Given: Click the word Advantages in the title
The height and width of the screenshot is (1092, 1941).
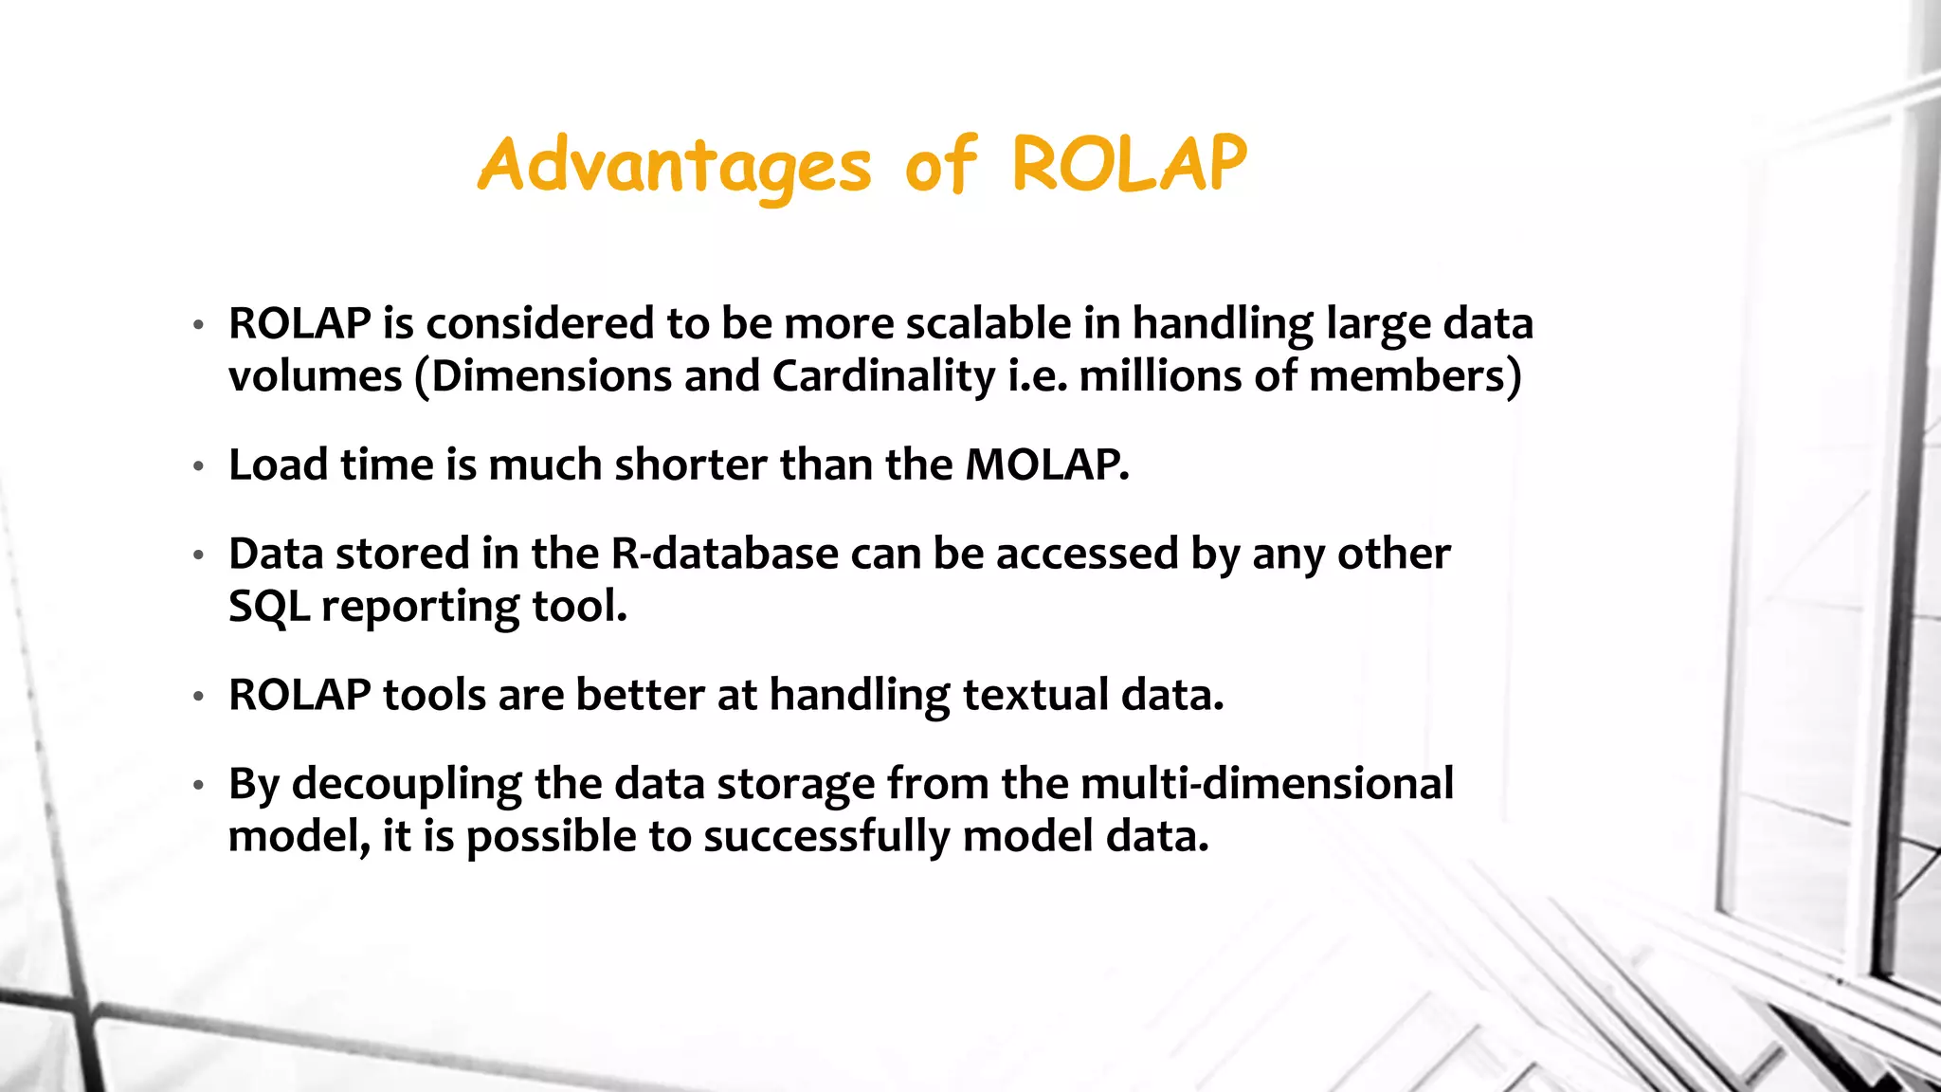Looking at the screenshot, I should click(x=674, y=166).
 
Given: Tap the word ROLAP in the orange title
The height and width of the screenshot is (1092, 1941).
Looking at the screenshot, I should click(x=1128, y=164).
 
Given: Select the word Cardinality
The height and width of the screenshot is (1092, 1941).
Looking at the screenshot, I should click(x=882, y=376).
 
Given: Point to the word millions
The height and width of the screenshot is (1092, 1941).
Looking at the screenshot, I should click(x=1160, y=376).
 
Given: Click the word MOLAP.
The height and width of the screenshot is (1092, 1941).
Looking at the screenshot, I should click(x=1046, y=465).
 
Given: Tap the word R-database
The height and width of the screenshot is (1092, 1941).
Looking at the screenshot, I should click(x=724, y=554).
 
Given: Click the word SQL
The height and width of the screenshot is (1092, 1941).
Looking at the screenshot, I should click(x=268, y=607).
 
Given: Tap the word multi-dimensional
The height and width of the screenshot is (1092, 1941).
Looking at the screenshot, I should click(x=1266, y=784).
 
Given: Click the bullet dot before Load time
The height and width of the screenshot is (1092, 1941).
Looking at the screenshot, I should click(x=198, y=466).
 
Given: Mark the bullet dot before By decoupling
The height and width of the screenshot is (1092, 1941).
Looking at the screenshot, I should click(x=198, y=786).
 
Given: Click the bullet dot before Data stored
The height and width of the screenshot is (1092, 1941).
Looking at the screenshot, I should click(x=198, y=555).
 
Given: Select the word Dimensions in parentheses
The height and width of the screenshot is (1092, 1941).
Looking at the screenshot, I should click(x=550, y=376).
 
